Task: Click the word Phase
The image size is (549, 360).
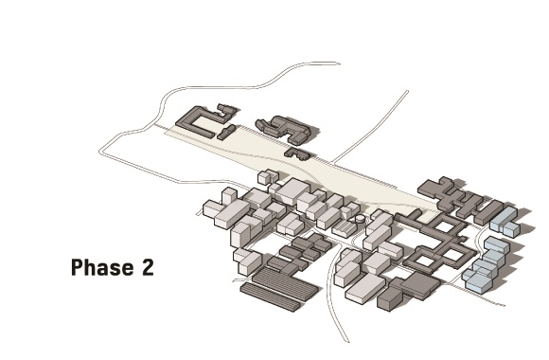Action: click(x=102, y=267)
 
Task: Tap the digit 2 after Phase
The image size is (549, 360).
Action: click(x=148, y=267)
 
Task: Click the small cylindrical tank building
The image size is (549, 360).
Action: click(x=360, y=219)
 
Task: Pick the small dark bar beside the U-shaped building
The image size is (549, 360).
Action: click(x=226, y=132)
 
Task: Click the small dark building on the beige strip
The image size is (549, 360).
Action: click(x=297, y=153)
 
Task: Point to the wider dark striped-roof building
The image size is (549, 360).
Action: click(x=285, y=284)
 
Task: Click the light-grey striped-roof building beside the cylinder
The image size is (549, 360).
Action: click(x=345, y=228)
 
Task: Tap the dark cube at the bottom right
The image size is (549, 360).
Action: click(x=390, y=298)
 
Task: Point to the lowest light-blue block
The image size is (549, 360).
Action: click(x=479, y=280)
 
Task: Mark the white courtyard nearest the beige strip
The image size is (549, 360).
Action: click(x=444, y=225)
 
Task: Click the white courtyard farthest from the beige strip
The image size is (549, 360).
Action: click(x=424, y=261)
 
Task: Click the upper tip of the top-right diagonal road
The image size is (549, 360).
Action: click(x=408, y=92)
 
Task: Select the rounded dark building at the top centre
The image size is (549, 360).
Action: click(x=285, y=129)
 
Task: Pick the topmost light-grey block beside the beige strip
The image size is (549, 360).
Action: click(x=266, y=177)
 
